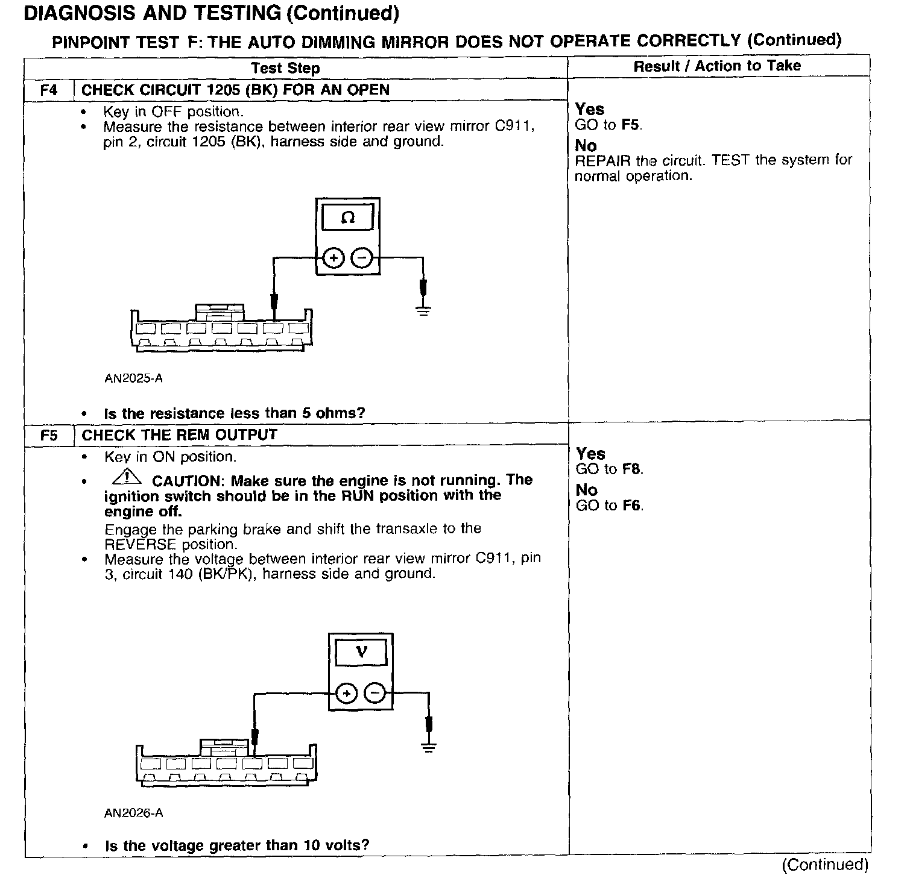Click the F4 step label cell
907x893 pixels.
(49, 90)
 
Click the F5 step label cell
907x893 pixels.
(49, 435)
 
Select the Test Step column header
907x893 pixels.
(285, 68)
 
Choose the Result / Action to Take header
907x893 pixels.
(717, 66)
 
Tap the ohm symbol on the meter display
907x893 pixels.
(348, 217)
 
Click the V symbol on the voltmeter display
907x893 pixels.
(362, 651)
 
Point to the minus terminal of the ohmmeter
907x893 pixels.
(362, 258)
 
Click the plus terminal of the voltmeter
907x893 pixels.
(346, 694)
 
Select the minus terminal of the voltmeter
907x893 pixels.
(375, 694)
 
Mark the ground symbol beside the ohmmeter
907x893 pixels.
(423, 311)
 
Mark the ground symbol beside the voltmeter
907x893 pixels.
(429, 748)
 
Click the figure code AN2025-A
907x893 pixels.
(133, 379)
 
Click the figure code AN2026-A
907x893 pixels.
(133, 813)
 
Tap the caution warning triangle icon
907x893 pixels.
(126, 478)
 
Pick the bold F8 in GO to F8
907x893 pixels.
(632, 469)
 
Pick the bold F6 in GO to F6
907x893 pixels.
(632, 506)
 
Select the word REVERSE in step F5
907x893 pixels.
(140, 544)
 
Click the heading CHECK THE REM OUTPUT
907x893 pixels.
(179, 435)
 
